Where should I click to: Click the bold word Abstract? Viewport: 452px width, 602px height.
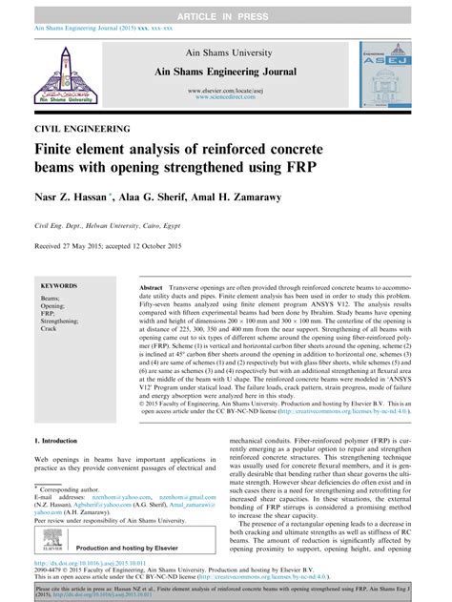click(x=154, y=286)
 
